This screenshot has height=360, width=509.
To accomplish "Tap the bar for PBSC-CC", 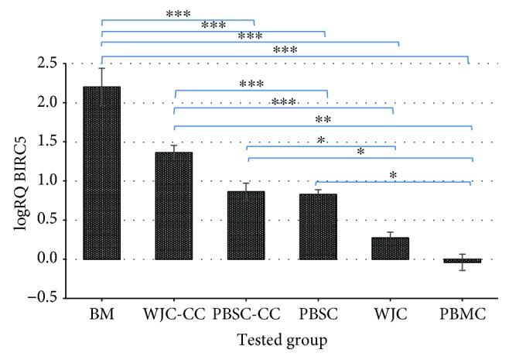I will point(247,225).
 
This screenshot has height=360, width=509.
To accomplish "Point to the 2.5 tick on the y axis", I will point(50,63).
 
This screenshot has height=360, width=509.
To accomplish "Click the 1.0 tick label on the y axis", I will point(50,180).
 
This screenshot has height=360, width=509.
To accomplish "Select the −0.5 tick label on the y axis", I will point(45,298).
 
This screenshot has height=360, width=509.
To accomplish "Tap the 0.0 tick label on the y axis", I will point(50,259).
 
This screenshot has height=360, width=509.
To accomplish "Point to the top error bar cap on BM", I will point(101,68).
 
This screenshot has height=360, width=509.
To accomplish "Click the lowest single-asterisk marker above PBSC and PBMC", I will point(393,176).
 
